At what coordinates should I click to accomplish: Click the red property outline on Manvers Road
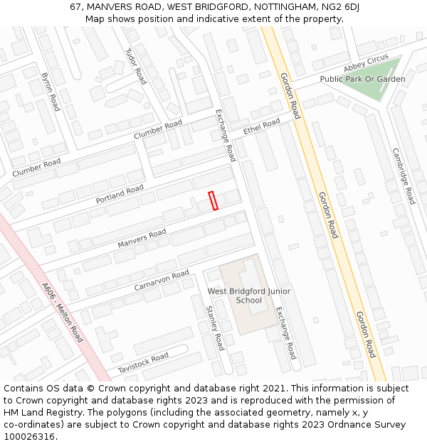(213, 201)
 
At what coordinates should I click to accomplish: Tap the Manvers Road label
(142, 239)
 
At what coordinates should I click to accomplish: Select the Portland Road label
(120, 195)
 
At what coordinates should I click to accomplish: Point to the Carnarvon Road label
(162, 280)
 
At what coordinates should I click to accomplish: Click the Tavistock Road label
(143, 362)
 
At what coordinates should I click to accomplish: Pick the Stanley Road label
(215, 327)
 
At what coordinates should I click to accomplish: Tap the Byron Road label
(51, 91)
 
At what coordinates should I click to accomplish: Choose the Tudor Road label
(135, 66)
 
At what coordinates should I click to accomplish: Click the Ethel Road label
(262, 127)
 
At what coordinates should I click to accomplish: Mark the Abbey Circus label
(366, 63)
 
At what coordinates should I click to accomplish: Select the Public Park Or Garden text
(362, 79)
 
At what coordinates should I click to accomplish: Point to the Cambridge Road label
(404, 176)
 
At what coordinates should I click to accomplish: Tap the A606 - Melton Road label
(63, 313)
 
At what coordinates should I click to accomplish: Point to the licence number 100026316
(31, 436)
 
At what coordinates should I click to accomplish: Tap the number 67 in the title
(76, 6)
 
